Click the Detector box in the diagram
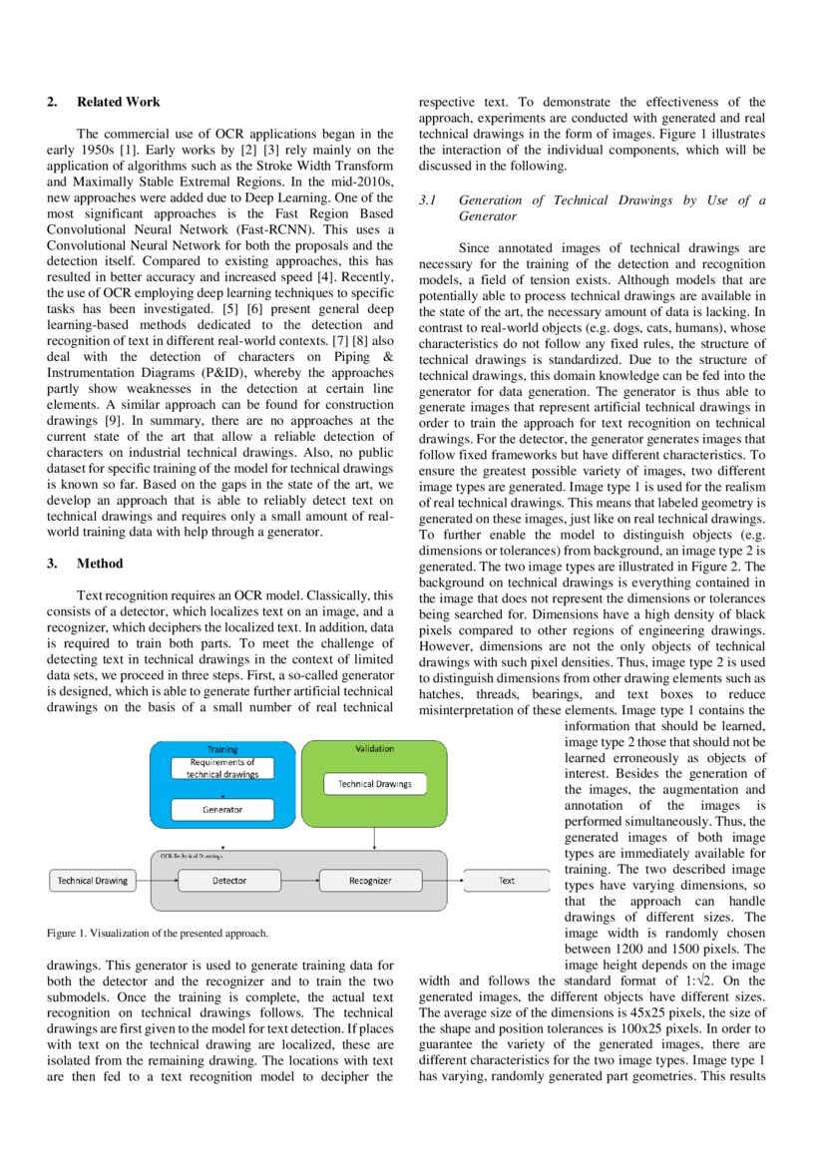(x=229, y=881)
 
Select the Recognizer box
(x=370, y=881)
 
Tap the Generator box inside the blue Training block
(x=222, y=809)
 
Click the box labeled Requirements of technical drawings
(x=222, y=768)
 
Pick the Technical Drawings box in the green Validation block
(x=374, y=784)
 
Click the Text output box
(x=507, y=881)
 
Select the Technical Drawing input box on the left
(x=92, y=881)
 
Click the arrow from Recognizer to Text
(x=443, y=881)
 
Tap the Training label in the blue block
(x=221, y=749)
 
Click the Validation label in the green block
(x=374, y=748)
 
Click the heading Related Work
(x=118, y=102)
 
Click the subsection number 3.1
(x=428, y=200)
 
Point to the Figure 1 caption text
(x=158, y=934)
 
